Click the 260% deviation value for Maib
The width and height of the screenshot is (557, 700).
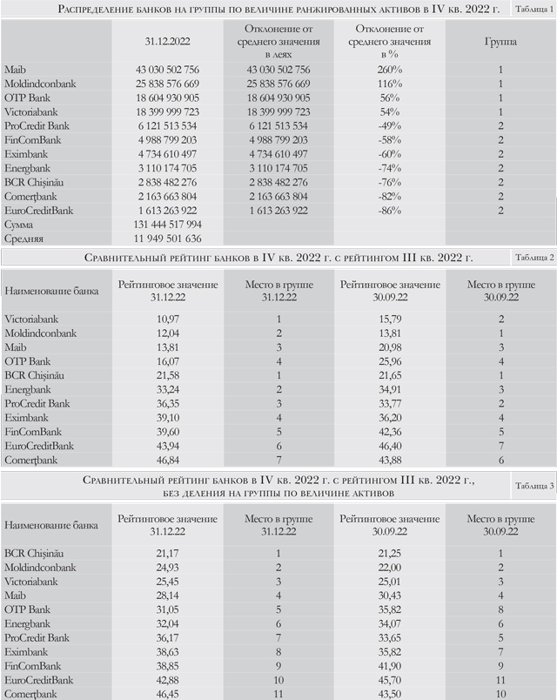pos(390,70)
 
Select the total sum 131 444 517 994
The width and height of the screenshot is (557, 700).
pos(167,225)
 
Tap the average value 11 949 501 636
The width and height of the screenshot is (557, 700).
pos(167,239)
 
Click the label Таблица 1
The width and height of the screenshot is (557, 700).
pos(534,9)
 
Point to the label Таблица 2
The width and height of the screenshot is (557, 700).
pos(534,257)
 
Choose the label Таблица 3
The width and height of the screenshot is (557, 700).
pos(534,486)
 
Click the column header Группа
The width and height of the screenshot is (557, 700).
pos(500,42)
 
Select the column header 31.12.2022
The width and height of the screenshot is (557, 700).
pos(167,42)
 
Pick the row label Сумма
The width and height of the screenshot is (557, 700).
pos(19,225)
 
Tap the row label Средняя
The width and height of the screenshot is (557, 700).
pos(24,239)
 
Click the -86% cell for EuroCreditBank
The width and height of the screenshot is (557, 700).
pos(390,211)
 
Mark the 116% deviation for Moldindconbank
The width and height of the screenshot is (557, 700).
pos(390,84)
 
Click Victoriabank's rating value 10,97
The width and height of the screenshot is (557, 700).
pos(168,320)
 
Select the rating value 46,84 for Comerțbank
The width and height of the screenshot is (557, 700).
pos(168,461)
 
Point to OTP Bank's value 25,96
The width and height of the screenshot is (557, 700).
pos(390,361)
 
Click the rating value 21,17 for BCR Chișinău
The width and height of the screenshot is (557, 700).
pos(167,554)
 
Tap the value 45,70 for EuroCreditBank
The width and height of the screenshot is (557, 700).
pos(390,680)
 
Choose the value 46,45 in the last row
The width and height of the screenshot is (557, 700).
pos(167,694)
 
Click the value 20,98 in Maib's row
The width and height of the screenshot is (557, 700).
pos(390,347)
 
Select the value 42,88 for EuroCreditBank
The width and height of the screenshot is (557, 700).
pos(167,680)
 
